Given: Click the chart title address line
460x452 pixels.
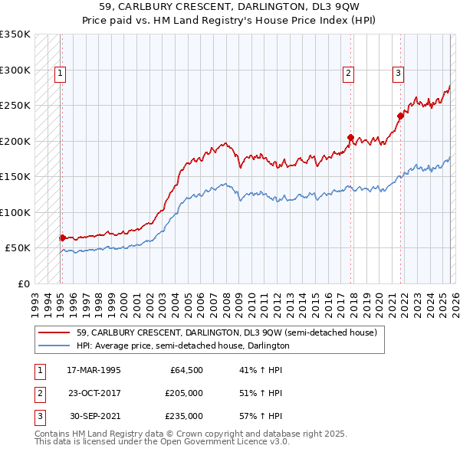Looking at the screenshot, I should (x=230, y=5).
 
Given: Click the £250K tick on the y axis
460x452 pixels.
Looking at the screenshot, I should (x=15, y=106).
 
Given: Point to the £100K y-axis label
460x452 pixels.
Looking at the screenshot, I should (x=15, y=212).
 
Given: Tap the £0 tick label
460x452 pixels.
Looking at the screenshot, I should (x=23, y=283).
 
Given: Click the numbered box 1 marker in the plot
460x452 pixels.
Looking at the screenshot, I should (x=60, y=74).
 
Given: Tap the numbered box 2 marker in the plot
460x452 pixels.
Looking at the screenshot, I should (x=348, y=74).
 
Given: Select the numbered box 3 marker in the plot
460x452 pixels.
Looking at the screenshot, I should (x=399, y=74).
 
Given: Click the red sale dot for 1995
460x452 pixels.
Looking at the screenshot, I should (x=62, y=238).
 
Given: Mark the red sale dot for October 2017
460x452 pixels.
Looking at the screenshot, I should (x=350, y=138).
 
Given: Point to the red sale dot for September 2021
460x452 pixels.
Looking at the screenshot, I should (x=400, y=116).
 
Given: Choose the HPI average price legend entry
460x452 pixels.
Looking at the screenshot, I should (x=182, y=346).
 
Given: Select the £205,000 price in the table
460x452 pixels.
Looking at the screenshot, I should (x=183, y=393).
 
